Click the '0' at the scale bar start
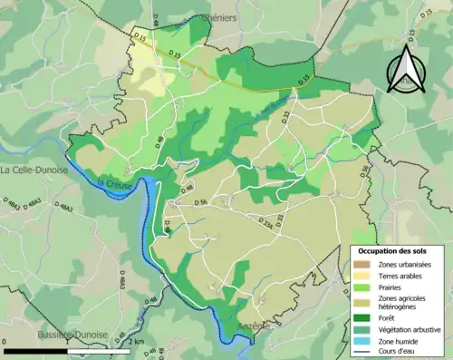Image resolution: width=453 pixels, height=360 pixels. [6, 342]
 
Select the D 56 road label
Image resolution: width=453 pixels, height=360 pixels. [201, 202]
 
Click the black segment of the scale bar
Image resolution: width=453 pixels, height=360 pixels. [36, 352]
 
